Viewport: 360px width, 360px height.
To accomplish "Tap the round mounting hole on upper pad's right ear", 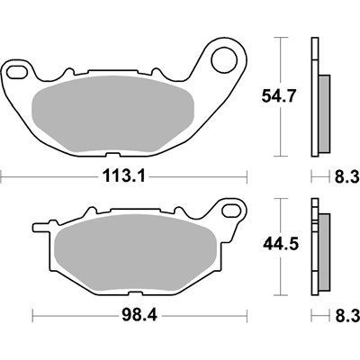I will pos(222,60).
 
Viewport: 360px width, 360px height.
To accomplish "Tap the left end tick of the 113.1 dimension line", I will pos(1,176).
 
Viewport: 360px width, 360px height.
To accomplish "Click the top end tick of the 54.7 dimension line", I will pos(280,38).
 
